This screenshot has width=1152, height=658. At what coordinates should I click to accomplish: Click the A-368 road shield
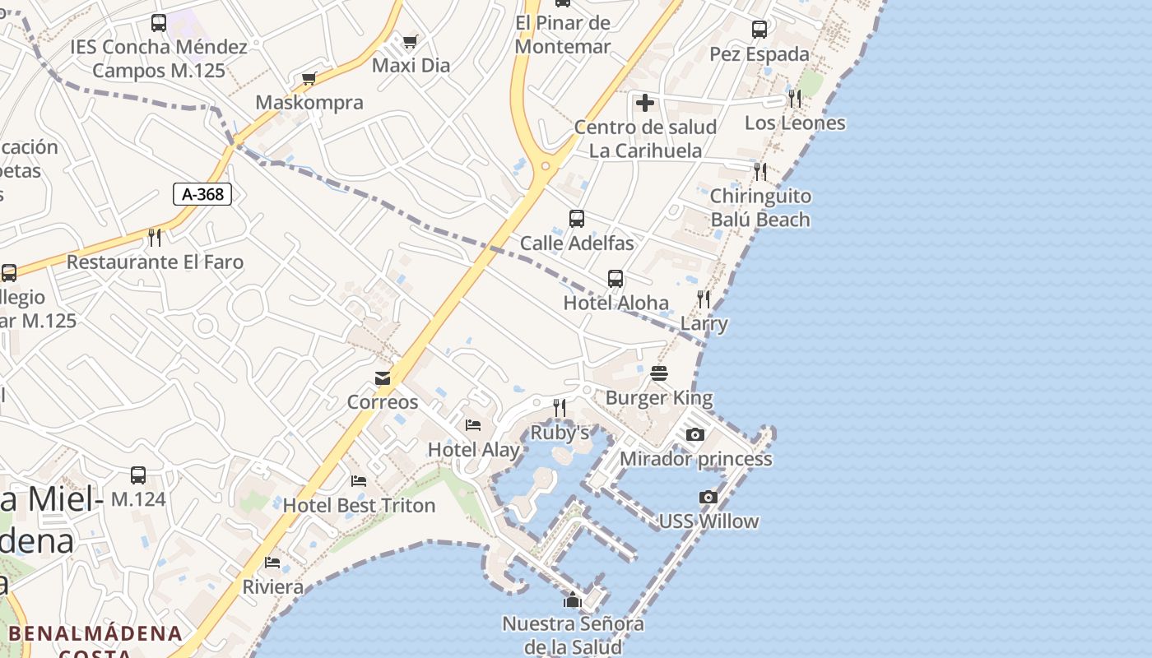[x=202, y=194]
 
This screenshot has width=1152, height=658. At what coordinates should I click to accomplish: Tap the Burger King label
[x=659, y=398]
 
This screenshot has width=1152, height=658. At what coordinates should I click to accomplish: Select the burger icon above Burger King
[x=659, y=373]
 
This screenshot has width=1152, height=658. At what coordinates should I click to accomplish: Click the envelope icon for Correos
[x=383, y=378]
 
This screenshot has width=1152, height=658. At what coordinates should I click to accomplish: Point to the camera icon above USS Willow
[x=708, y=497]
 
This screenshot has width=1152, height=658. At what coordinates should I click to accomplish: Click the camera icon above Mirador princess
[x=695, y=434]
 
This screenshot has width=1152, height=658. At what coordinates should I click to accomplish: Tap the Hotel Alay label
[x=474, y=450]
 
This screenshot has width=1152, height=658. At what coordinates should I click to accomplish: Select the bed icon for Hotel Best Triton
[x=359, y=481]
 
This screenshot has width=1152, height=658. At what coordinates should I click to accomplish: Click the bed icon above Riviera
[x=272, y=563]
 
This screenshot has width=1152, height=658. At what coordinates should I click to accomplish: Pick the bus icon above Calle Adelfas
[x=577, y=219]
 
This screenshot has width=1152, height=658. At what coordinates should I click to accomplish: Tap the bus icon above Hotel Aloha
[x=615, y=279]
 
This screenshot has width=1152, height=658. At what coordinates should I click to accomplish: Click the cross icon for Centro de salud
[x=645, y=103]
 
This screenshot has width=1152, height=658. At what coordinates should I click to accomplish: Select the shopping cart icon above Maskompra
[x=309, y=79]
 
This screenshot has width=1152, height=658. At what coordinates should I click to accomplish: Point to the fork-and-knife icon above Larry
[x=704, y=299]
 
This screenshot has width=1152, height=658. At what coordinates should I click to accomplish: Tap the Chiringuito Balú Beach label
[x=760, y=208]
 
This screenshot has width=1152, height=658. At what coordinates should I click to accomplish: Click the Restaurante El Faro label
[x=155, y=262]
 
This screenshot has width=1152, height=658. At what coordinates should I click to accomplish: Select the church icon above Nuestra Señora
[x=573, y=600]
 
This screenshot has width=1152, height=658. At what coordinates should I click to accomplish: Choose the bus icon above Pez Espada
[x=759, y=30]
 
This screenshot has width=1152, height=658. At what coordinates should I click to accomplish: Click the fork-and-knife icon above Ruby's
[x=560, y=408]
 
